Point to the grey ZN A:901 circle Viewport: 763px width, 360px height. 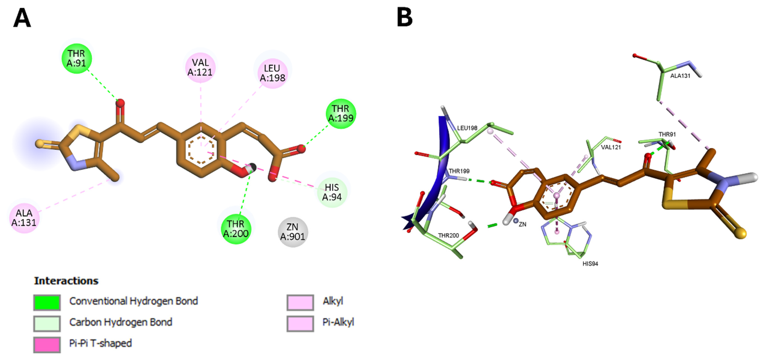tap(293, 232)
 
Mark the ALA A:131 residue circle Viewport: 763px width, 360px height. tap(24, 218)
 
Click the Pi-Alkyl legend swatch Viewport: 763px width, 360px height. tap(300, 323)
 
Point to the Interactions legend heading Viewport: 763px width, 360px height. tap(66, 281)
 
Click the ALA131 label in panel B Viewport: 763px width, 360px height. tap(680, 76)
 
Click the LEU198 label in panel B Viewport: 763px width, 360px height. tap(467, 128)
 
